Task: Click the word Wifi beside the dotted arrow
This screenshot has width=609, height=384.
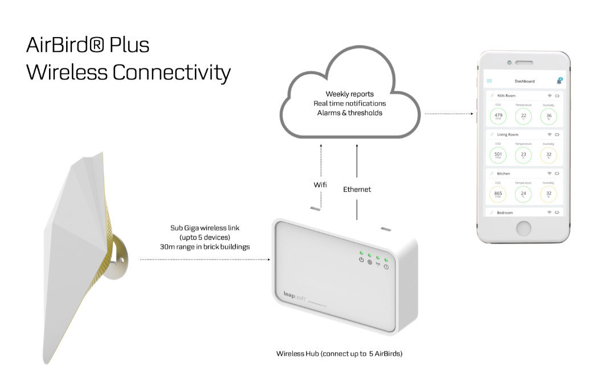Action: click(x=320, y=185)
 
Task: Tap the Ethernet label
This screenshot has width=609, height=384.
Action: click(x=357, y=189)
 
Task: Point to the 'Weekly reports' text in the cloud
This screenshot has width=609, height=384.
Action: click(x=349, y=94)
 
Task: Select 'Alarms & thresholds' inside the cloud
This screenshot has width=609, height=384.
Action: click(x=349, y=113)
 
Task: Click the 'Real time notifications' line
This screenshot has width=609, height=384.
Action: click(x=349, y=103)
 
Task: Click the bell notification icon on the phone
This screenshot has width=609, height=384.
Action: click(x=559, y=81)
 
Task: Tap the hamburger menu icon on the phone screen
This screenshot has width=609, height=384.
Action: click(x=489, y=81)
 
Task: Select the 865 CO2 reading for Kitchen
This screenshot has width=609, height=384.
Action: click(x=498, y=194)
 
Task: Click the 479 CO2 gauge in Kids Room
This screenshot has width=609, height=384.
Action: click(x=498, y=116)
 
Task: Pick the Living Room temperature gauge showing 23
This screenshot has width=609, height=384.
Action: click(x=524, y=155)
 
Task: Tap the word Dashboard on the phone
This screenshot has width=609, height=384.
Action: click(x=524, y=81)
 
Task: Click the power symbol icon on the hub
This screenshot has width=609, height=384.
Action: click(x=361, y=260)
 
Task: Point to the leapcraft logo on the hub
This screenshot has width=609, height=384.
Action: click(x=296, y=295)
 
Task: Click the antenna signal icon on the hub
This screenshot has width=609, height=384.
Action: click(x=378, y=264)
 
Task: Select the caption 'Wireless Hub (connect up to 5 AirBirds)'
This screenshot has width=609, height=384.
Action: click(x=339, y=354)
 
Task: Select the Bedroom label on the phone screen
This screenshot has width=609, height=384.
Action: click(x=505, y=212)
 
